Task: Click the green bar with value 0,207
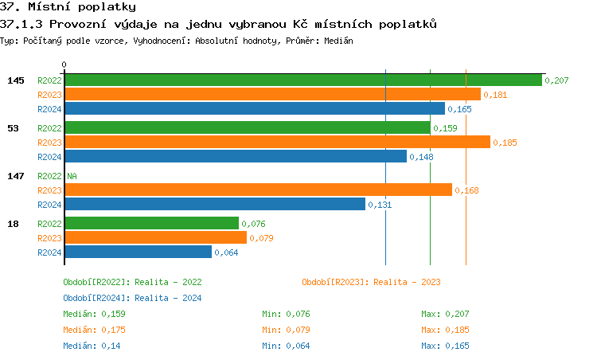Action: [302, 80]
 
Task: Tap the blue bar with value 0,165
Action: [254, 109]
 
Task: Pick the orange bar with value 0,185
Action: [277, 143]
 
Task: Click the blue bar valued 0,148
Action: [235, 157]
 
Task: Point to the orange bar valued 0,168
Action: [258, 190]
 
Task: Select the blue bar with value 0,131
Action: [214, 205]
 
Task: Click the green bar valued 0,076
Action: [151, 224]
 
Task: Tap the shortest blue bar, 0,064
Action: [138, 252]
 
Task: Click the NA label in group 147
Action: [72, 176]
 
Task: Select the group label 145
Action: [16, 80]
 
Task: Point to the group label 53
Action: [13, 128]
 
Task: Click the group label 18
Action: [13, 224]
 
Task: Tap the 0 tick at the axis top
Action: [64, 65]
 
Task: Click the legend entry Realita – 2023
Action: [371, 282]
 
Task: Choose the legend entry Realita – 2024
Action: [132, 298]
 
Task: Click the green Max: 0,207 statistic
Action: [445, 314]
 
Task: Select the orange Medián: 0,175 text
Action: [94, 330]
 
